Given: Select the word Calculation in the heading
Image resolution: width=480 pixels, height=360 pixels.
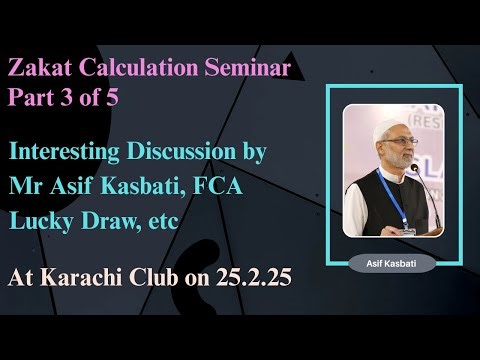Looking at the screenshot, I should (124, 69).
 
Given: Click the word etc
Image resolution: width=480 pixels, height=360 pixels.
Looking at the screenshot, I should (160, 221).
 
